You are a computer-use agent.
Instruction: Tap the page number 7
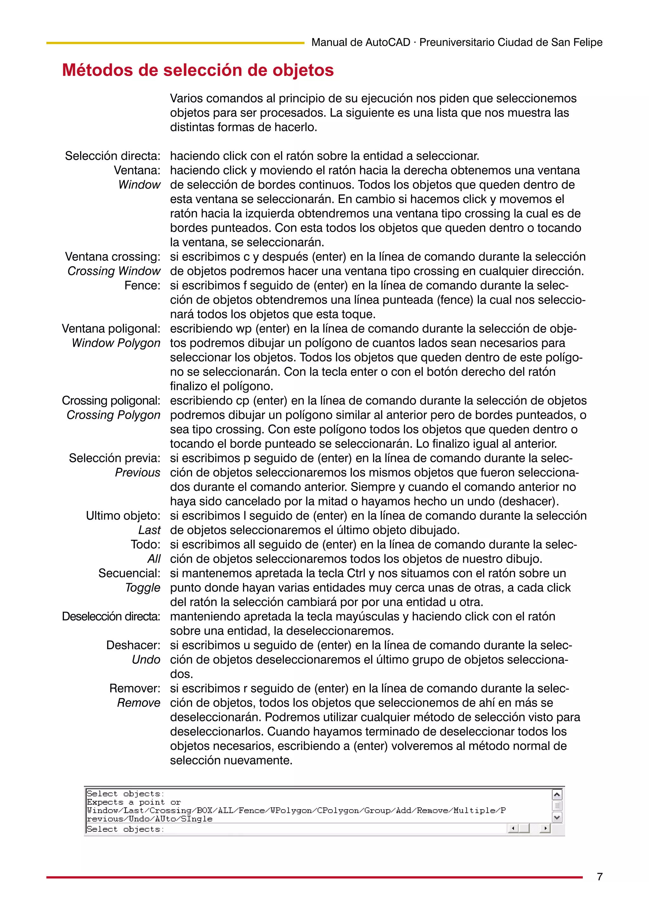click(x=600, y=877)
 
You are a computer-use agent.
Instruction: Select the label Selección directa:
click(x=112, y=156)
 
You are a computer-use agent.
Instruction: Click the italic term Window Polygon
click(x=116, y=343)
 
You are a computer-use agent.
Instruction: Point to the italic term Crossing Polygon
click(x=113, y=415)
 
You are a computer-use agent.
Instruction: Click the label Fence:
click(x=142, y=285)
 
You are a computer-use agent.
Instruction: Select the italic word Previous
click(x=137, y=473)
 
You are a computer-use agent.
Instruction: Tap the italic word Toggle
click(x=142, y=588)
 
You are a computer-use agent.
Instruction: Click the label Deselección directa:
click(x=111, y=616)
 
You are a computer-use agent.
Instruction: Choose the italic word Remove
click(x=138, y=703)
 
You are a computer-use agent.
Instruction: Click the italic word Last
click(x=149, y=530)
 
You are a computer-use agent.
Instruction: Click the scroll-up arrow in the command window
click(x=557, y=795)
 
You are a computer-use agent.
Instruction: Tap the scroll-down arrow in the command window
click(x=557, y=817)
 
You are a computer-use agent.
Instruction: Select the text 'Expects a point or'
click(x=133, y=802)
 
